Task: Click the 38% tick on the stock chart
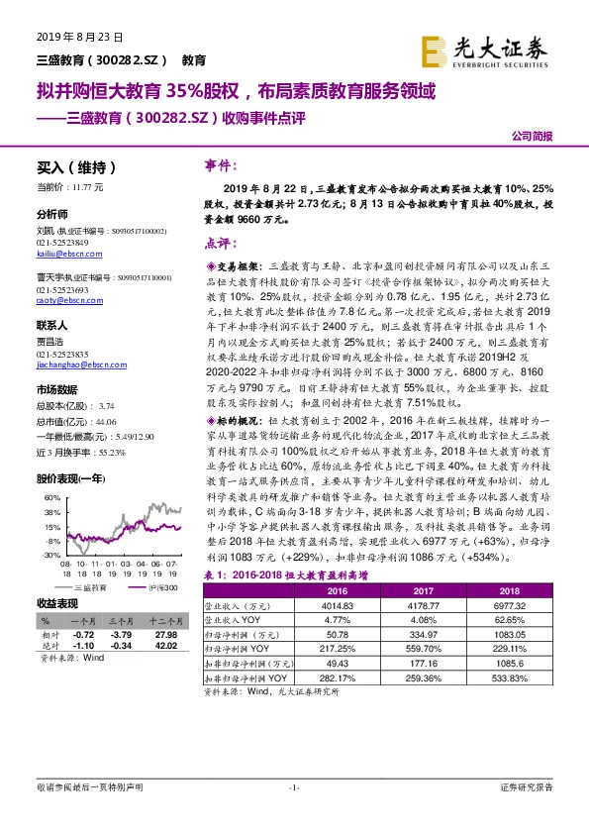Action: coord(49,513)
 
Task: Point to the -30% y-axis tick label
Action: coord(49,555)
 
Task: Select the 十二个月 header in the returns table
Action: coord(165,620)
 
